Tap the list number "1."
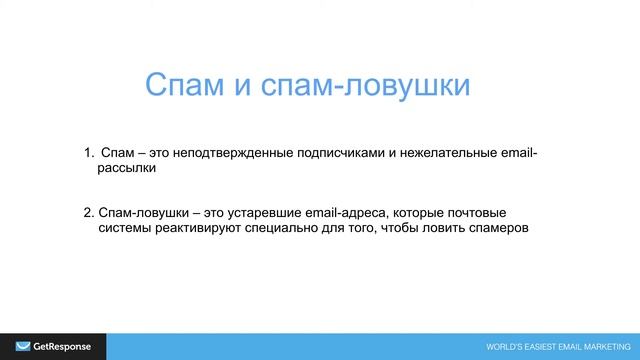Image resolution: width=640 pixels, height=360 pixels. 89,153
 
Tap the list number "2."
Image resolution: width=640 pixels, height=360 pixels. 89,212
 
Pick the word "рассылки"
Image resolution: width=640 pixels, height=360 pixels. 127,169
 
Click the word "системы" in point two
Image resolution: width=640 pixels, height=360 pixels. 126,228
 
